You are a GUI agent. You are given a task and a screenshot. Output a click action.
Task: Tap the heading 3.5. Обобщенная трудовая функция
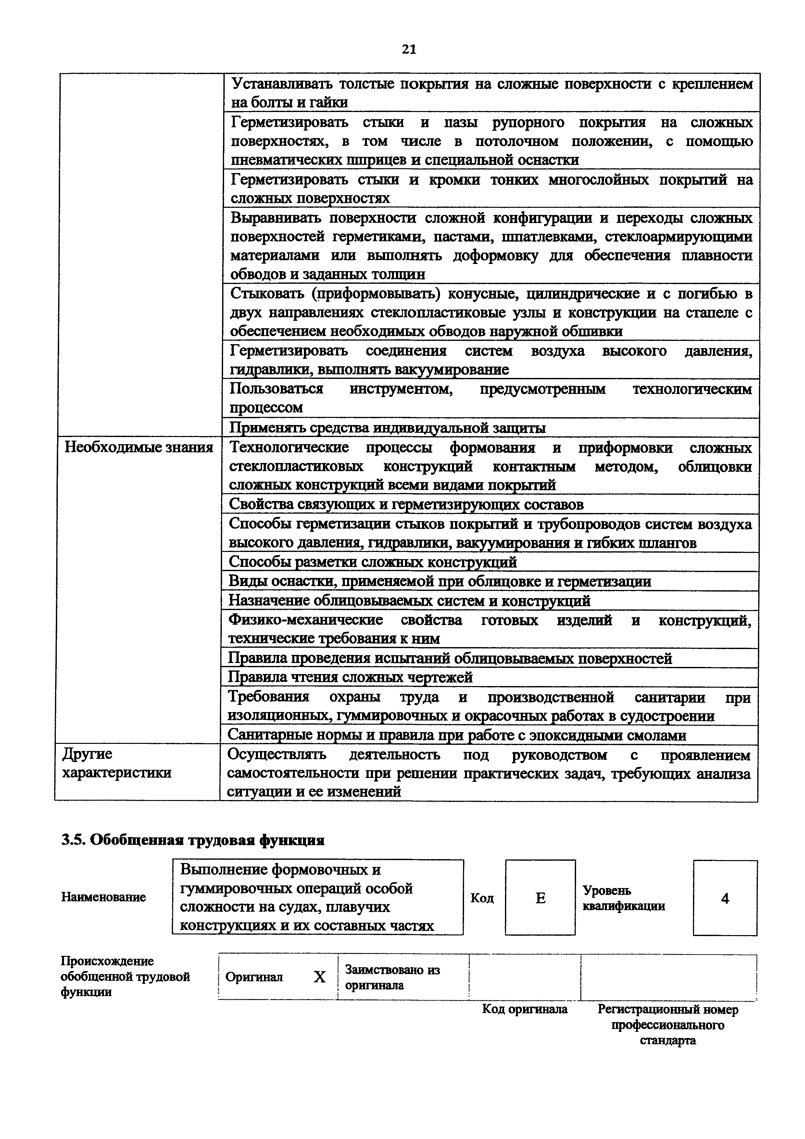pos(193,840)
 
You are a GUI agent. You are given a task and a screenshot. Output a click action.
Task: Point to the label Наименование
pos(104,897)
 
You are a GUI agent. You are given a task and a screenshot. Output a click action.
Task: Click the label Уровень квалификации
pos(623,898)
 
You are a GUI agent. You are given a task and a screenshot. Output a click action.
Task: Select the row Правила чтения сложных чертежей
pos(350,677)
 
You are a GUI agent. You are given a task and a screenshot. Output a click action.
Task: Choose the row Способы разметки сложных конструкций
pos(372,562)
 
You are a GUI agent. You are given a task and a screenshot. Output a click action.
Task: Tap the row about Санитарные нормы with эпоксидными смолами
pos(456,735)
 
